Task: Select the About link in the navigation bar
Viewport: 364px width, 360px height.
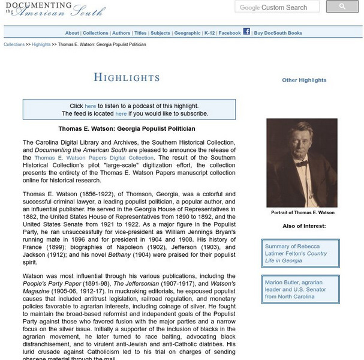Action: coord(72,33)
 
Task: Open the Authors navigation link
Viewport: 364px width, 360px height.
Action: coord(121,33)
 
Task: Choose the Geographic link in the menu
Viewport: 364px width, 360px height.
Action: coord(187,33)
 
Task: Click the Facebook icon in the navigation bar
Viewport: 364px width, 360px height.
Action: coord(246,32)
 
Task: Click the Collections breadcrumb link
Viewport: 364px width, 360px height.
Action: coord(14,44)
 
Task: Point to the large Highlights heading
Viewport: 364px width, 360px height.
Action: coord(127,77)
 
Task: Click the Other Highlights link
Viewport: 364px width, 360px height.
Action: coord(304,80)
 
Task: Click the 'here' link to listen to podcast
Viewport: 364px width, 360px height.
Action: coord(90,106)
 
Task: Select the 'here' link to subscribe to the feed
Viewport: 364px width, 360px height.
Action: coord(121,113)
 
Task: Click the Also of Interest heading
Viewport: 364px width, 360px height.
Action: coord(304,226)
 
